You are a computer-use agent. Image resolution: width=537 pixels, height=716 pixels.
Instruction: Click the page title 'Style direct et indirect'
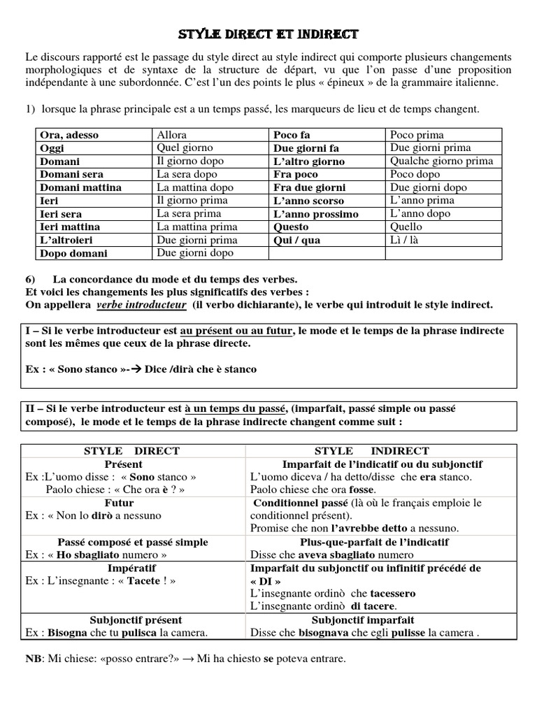point(268,34)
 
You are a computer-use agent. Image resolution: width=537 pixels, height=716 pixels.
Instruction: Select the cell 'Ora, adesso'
point(69,135)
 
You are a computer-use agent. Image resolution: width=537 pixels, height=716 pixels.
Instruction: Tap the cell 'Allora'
point(172,134)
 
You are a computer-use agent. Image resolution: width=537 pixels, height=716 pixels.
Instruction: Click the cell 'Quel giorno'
point(185,148)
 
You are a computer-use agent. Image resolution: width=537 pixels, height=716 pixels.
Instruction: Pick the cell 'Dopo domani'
point(73,254)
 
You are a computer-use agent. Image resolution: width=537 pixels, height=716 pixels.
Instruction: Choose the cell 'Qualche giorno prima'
point(441,161)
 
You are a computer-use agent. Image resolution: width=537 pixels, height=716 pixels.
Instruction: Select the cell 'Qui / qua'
point(296,240)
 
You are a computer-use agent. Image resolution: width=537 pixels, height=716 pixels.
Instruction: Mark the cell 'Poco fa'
point(292,135)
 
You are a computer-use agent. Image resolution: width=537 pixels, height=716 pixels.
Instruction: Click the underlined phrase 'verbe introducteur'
point(141,306)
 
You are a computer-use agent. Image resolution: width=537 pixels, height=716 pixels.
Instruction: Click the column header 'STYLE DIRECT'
point(131,451)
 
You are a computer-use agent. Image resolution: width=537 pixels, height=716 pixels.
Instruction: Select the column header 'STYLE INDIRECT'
point(382,451)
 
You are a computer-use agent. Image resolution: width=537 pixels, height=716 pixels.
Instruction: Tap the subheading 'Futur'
point(119,503)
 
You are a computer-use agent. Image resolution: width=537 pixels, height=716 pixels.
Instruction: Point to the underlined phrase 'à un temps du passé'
point(237,409)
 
